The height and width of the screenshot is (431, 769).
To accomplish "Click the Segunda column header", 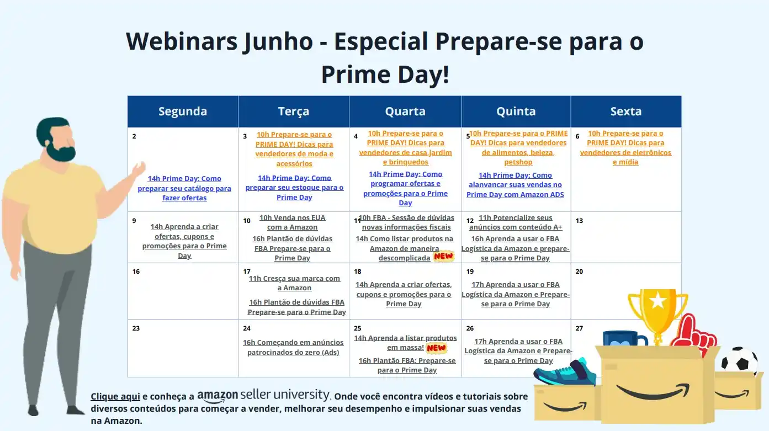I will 183,111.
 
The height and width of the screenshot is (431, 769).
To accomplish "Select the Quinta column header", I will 516,111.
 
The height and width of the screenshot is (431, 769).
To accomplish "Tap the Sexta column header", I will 625,111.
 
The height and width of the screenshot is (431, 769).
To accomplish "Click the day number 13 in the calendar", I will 579,221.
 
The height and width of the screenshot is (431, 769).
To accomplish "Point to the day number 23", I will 136,328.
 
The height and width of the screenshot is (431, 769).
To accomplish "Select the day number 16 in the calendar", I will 136,272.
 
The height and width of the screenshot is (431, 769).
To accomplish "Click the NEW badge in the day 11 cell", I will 443,256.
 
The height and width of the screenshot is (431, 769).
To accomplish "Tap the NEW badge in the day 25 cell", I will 436,348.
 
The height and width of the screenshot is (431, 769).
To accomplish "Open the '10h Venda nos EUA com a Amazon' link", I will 292,222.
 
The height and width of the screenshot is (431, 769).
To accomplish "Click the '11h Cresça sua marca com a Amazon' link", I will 294,283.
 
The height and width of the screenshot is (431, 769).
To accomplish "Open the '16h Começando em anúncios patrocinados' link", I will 293,347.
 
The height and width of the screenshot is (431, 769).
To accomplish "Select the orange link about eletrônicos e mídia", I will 625,147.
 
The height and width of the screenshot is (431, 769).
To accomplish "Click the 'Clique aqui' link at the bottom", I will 115,396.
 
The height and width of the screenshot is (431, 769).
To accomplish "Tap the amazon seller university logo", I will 263,395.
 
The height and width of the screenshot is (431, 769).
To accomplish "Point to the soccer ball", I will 739,361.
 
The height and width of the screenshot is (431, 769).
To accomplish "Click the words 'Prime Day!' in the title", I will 385,74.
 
